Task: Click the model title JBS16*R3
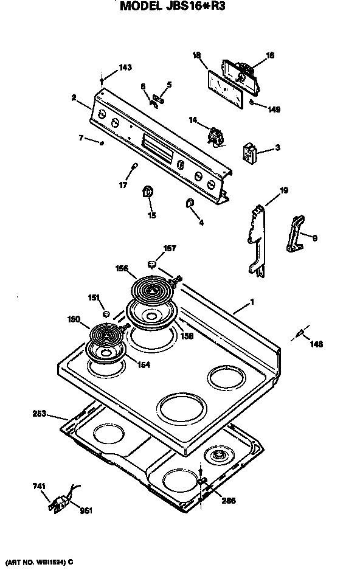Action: point(176,7)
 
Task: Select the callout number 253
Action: point(40,414)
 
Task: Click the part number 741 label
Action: point(38,487)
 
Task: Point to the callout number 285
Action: point(229,501)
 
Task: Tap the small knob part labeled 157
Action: point(153,263)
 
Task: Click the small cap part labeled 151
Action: point(106,314)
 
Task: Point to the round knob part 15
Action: point(148,192)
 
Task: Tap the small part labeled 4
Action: point(189,203)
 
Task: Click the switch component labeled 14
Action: point(215,136)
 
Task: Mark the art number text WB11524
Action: point(38,563)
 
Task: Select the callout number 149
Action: point(274,109)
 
